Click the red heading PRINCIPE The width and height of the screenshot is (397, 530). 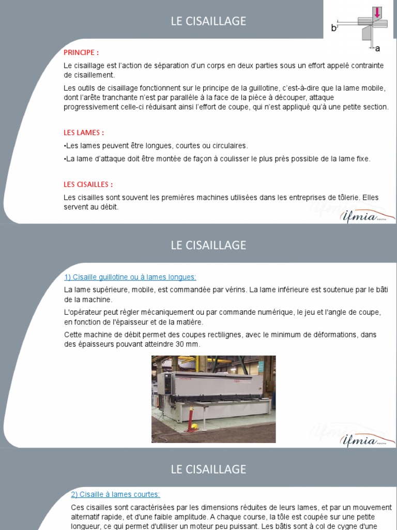point(81,52)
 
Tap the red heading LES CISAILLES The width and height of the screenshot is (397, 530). point(88,184)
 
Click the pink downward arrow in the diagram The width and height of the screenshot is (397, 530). point(377,11)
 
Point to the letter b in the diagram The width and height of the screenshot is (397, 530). point(333,28)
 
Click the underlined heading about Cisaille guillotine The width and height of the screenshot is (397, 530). point(130,277)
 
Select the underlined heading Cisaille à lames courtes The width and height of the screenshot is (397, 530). point(115,494)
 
